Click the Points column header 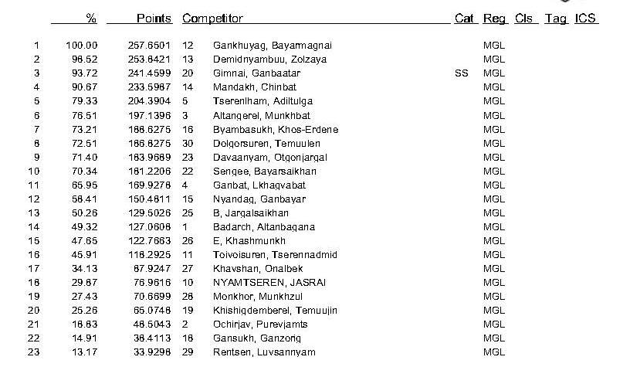pyautogui.click(x=154, y=18)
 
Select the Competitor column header pyautogui.click(x=212, y=18)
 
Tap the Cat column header pyautogui.click(x=464, y=18)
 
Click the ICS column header pyautogui.click(x=586, y=18)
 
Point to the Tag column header pyautogui.click(x=556, y=18)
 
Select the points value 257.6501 pyautogui.click(x=150, y=46)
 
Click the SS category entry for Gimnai pyautogui.click(x=462, y=73)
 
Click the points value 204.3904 pyautogui.click(x=150, y=101)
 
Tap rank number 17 pyautogui.click(x=34, y=269)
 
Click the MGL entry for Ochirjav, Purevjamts pyautogui.click(x=493, y=325)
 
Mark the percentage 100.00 pyautogui.click(x=81, y=46)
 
